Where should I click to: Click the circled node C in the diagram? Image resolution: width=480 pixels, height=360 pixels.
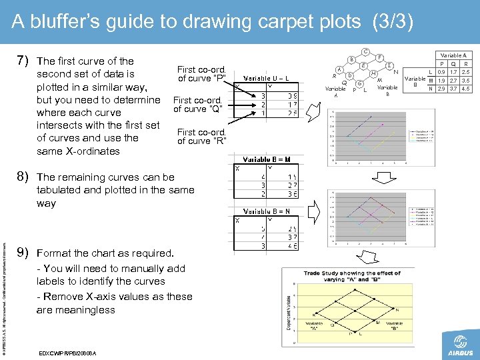click(x=366, y=51)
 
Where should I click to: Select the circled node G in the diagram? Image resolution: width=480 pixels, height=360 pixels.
click(x=359, y=84)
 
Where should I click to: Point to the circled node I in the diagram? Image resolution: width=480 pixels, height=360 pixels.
click(x=388, y=67)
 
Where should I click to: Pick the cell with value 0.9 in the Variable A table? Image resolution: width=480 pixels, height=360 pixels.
click(x=441, y=72)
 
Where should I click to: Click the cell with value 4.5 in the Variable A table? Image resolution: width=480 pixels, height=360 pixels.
click(x=465, y=89)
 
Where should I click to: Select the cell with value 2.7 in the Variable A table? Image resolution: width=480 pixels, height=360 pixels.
click(x=453, y=81)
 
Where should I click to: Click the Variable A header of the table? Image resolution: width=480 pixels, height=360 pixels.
click(x=453, y=56)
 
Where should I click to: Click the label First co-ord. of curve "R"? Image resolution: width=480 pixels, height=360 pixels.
click(x=201, y=136)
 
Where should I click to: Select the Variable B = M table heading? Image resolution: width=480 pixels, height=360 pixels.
click(x=266, y=159)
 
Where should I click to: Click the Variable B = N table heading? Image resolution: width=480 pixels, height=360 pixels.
click(x=266, y=211)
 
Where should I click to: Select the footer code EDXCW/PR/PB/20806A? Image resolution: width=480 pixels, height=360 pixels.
click(x=67, y=353)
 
